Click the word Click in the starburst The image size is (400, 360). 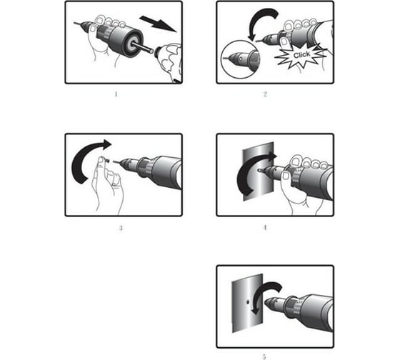[301, 54]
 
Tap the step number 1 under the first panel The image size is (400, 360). [116, 94]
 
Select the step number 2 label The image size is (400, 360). [265, 94]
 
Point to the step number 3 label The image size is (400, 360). [121, 228]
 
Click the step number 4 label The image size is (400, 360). [265, 227]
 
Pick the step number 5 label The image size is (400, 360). [264, 356]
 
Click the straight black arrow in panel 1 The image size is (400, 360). [158, 24]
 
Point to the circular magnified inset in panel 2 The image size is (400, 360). [240, 59]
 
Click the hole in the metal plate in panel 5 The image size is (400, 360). [248, 303]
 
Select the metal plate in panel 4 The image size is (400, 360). [258, 171]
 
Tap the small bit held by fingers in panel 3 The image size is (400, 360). [107, 161]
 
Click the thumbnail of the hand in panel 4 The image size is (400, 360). [286, 176]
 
